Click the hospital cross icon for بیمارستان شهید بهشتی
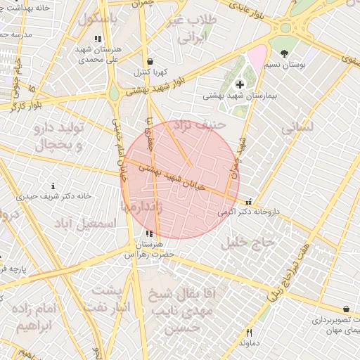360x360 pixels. (x=240, y=84)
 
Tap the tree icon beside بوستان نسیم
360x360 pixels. (x=284, y=53)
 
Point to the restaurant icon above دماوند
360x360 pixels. (x=248, y=333)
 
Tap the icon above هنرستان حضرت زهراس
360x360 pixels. (x=148, y=234)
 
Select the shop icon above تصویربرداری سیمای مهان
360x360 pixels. (x=346, y=309)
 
